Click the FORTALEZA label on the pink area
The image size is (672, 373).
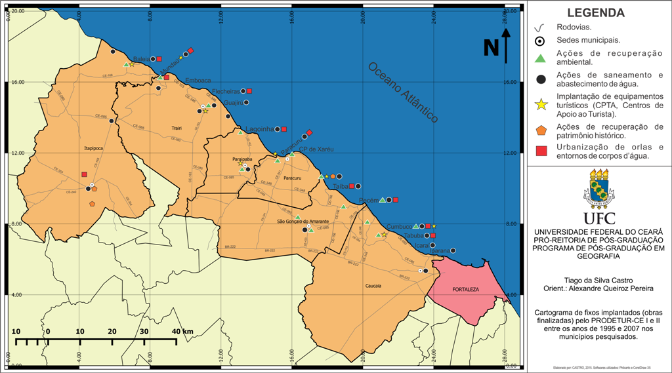point(466,289)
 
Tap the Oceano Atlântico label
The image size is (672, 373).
point(402,92)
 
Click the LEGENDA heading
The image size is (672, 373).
point(595,12)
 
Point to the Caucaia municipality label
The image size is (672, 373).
point(373,286)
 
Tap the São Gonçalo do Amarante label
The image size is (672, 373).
point(303,222)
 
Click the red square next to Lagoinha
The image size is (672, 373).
point(284,129)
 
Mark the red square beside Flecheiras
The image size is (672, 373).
point(249,91)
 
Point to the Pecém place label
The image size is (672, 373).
point(368,200)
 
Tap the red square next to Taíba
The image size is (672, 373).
point(352,186)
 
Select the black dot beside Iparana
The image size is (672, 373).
point(453,250)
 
